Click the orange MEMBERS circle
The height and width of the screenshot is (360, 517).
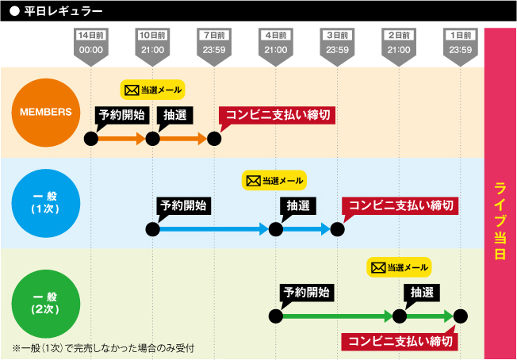tap(46, 112)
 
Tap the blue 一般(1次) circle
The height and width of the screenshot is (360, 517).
tap(46, 203)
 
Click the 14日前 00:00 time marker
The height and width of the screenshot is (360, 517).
tap(91, 43)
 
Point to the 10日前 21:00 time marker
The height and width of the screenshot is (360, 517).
tap(152, 43)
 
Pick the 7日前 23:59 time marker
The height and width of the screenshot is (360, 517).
tap(214, 43)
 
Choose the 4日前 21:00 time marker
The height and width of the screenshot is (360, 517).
tap(275, 43)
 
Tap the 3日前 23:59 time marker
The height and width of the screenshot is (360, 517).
tap(337, 43)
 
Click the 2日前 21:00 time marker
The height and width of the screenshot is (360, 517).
tap(399, 43)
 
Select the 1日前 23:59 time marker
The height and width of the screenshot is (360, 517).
tap(461, 43)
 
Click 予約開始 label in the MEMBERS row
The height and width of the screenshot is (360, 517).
tap(121, 115)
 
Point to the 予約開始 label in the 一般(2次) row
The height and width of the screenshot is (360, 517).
tap(306, 293)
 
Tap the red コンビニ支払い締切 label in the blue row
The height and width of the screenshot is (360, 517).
tap(401, 205)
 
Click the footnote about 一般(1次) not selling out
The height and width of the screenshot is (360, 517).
tap(103, 348)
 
